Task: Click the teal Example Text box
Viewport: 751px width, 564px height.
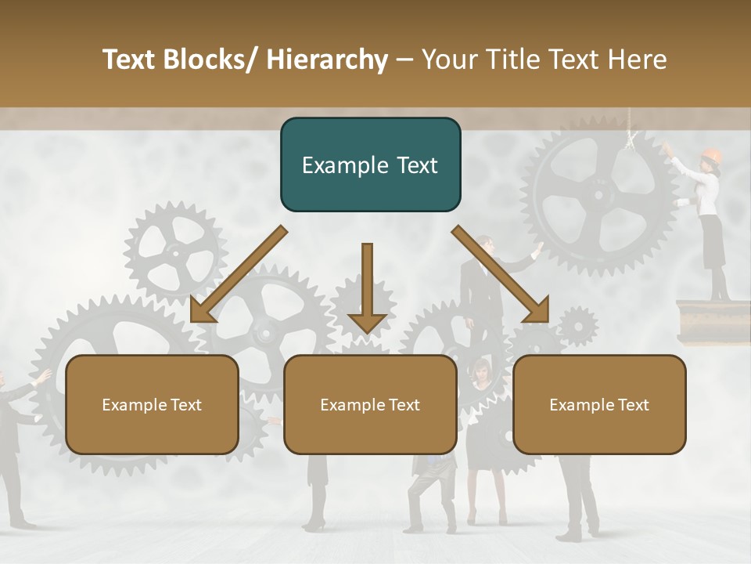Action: [x=370, y=164]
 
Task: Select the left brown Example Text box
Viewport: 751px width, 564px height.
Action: [x=152, y=404]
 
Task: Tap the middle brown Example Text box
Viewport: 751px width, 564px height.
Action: [x=370, y=404]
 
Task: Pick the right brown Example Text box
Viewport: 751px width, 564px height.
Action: [x=599, y=404]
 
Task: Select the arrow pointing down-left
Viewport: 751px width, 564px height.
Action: [x=239, y=273]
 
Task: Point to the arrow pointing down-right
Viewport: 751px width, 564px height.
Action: [x=501, y=273]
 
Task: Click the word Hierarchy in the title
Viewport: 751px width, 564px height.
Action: [x=327, y=60]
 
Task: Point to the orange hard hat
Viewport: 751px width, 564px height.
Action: [x=711, y=155]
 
